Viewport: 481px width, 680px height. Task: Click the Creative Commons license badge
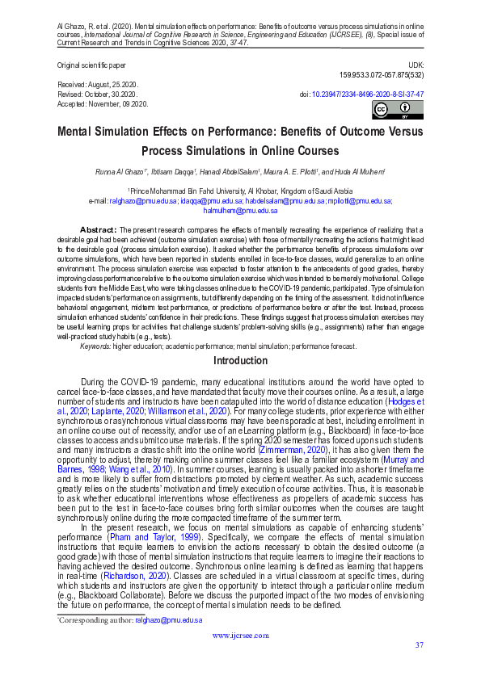point(386,111)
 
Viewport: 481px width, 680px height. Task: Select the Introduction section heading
point(240,360)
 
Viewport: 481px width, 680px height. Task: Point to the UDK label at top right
point(416,64)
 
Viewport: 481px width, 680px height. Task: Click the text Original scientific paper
point(91,64)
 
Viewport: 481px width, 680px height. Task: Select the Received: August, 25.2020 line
point(98,84)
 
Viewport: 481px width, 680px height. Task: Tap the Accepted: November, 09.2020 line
point(102,104)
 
